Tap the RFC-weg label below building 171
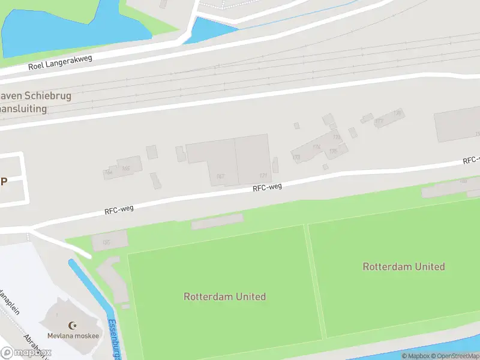pos(267,188)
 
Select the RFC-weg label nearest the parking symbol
pos(119,209)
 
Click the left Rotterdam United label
pos(224,296)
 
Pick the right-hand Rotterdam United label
pos(404,266)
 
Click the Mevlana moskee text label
pos(73,336)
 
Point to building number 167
pos(220,176)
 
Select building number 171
pos(263,175)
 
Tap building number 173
pos(296,157)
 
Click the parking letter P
pos(4,181)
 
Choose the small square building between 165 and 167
pos(152,152)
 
